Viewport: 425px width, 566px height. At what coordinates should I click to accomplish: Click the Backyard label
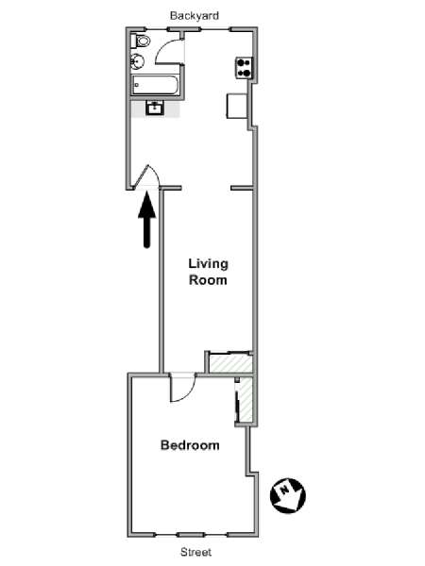[195, 16]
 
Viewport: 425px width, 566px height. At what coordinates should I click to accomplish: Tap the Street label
[196, 552]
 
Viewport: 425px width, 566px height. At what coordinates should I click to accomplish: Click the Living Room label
[208, 272]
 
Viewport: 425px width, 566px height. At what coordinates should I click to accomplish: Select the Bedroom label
[190, 445]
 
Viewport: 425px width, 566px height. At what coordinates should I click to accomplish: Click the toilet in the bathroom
[141, 41]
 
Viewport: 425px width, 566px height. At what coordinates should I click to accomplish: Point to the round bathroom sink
[137, 61]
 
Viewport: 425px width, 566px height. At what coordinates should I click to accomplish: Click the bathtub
[155, 85]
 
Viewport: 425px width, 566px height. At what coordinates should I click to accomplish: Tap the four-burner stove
[244, 68]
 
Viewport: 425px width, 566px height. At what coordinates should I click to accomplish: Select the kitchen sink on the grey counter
[155, 108]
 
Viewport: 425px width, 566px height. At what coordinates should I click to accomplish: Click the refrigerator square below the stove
[237, 106]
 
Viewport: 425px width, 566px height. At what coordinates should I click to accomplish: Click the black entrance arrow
[146, 220]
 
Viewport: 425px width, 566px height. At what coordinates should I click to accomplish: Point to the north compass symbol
[288, 495]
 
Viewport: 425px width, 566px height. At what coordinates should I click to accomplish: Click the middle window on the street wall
[191, 535]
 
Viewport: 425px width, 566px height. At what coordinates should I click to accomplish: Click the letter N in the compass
[285, 490]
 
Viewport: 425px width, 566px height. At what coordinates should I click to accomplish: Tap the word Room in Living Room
[208, 280]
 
